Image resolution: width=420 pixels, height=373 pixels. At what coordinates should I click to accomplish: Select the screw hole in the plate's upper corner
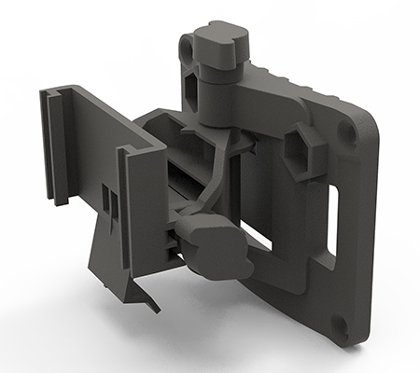tap(347, 131)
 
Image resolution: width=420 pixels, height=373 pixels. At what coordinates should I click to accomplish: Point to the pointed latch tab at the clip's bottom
tap(149, 300)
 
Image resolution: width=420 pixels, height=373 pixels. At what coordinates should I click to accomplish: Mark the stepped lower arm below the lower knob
tap(271, 280)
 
